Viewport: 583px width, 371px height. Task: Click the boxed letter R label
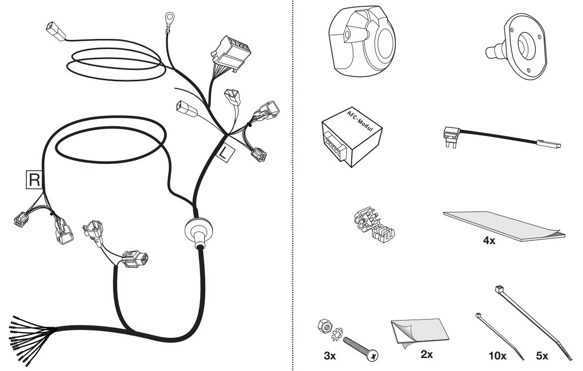click(34, 179)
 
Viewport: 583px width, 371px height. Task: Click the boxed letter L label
click(225, 153)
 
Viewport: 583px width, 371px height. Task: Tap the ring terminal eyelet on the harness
click(170, 18)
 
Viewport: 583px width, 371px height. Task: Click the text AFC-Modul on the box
click(360, 121)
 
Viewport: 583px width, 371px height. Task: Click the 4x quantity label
click(489, 241)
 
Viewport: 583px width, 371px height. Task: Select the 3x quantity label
click(330, 356)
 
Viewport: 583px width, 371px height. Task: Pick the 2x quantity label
click(427, 354)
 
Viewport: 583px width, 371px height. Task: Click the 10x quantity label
click(497, 356)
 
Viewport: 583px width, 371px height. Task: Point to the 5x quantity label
click(542, 356)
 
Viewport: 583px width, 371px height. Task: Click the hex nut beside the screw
click(325, 325)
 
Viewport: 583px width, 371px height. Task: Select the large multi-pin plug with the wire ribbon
click(231, 53)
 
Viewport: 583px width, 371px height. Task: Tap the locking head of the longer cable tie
click(499, 289)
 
